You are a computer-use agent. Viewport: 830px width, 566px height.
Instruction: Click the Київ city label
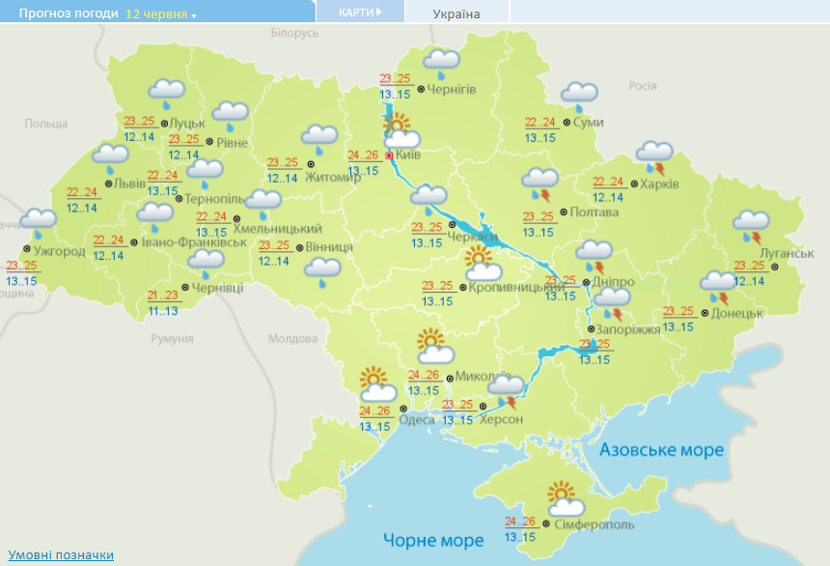(409, 155)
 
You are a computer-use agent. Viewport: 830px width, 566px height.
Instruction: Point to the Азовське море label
(661, 450)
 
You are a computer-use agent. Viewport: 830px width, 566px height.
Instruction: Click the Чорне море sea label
(432, 539)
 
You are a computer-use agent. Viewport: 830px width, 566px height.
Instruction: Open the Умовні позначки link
(61, 554)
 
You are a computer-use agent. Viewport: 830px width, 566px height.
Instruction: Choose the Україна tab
(456, 14)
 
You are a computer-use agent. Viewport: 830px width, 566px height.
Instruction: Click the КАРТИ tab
(356, 13)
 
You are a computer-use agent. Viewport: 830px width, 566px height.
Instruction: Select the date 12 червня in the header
(155, 14)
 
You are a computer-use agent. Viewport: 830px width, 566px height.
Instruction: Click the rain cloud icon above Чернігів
(441, 63)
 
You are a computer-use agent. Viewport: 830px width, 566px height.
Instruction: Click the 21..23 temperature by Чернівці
(163, 296)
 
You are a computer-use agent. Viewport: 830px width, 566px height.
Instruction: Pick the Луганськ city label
(787, 253)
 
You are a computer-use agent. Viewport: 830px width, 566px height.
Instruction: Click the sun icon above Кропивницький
(477, 259)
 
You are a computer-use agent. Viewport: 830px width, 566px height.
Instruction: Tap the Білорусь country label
(294, 33)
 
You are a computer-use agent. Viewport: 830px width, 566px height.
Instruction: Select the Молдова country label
(292, 339)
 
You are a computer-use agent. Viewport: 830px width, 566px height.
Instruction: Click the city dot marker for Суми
(565, 123)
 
